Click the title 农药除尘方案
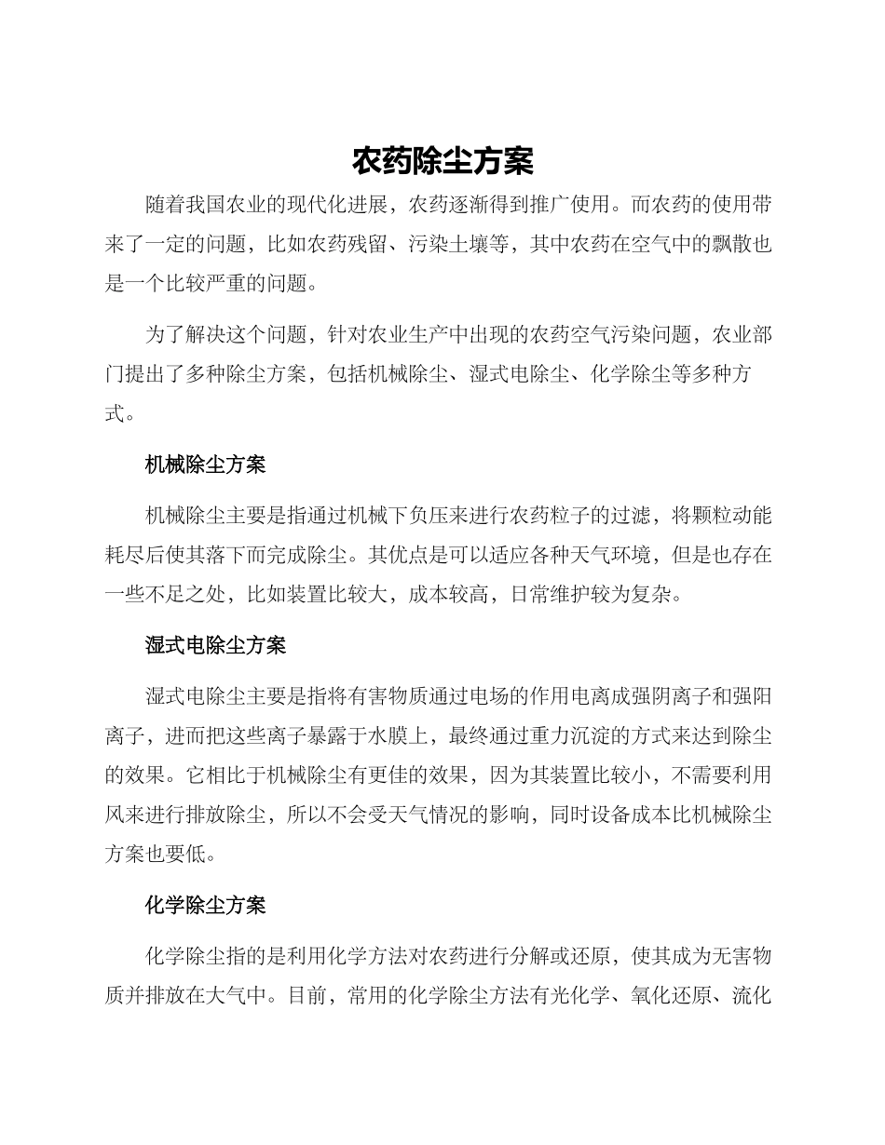coord(442,161)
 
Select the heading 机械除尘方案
coord(206,465)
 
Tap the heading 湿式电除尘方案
coord(216,644)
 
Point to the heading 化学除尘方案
coord(206,905)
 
